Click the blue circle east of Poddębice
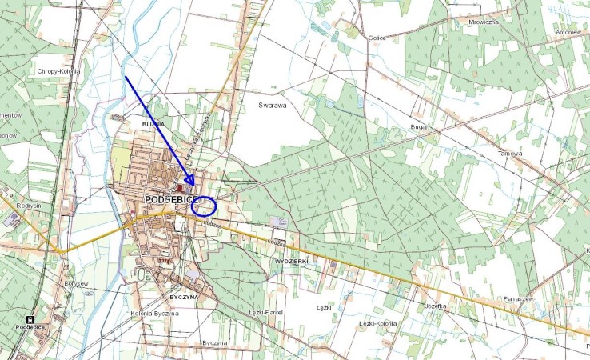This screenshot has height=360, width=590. pos(205,206)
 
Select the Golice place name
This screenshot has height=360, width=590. pos(377,38)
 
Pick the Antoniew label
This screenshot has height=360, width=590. pos(568,32)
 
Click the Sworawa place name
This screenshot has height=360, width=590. pos(272,104)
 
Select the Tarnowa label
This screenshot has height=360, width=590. pos(509,153)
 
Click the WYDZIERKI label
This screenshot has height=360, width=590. pos(290,262)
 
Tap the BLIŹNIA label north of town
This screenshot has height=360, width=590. pos(153,125)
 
